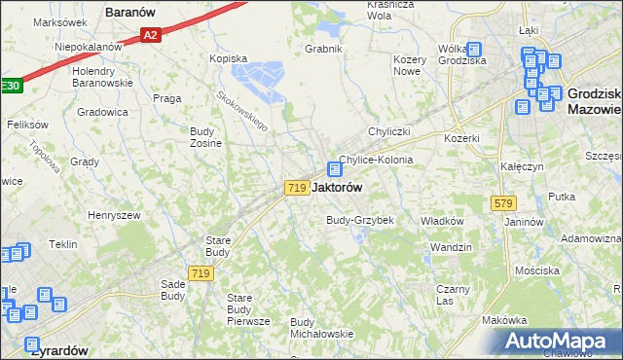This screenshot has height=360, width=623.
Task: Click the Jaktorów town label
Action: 337,188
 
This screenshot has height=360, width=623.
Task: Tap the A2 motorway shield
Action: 149,36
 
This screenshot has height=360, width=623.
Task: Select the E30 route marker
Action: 9,86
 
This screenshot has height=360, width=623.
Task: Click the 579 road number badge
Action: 503,203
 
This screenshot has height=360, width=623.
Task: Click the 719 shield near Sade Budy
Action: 202,274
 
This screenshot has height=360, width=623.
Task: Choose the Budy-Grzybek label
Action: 359,220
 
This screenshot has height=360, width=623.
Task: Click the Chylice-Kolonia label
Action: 376,160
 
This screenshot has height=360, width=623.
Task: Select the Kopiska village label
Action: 229,58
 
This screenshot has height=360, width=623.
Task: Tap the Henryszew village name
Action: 114,215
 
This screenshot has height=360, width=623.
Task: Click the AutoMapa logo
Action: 560,342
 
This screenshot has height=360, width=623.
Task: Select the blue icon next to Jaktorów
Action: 334,168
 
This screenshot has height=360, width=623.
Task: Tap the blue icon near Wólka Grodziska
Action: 473,50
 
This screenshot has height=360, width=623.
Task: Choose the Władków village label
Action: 441,221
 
